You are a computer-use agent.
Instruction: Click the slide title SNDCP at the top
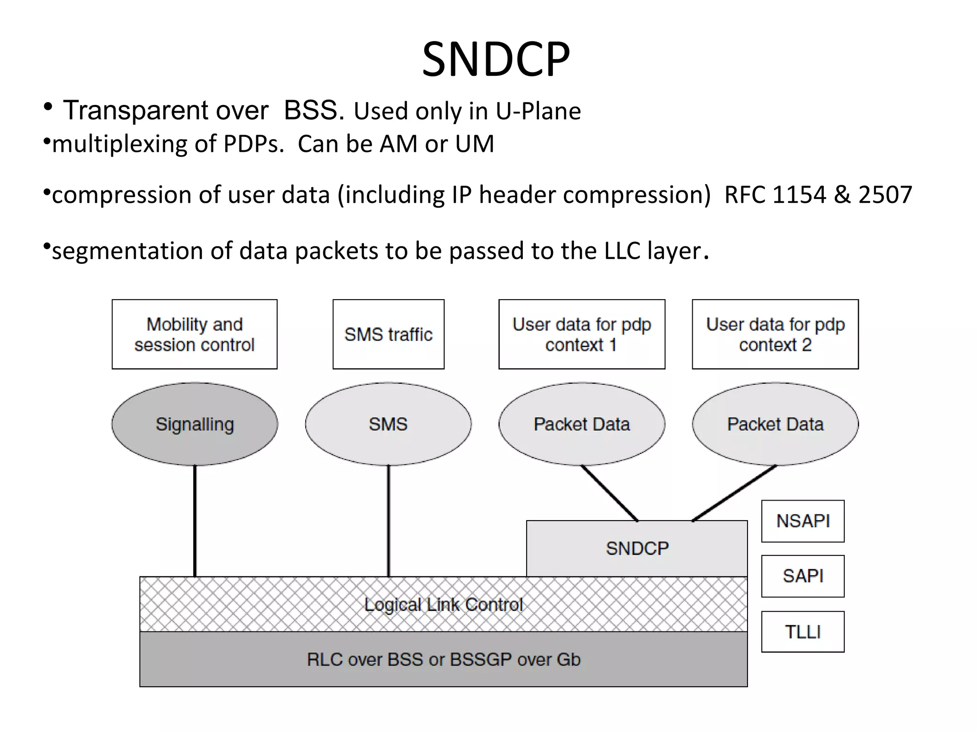tap(496, 60)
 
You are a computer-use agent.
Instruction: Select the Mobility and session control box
tap(195, 334)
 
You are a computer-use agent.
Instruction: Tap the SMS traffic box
tap(388, 334)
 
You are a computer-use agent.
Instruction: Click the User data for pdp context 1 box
tap(582, 334)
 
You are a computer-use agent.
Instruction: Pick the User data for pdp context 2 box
tap(775, 334)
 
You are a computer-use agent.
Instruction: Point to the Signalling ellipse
tap(195, 424)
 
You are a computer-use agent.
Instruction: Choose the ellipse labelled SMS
tap(388, 424)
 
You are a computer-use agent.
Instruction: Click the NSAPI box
tap(803, 521)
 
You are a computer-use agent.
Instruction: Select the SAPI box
tap(803, 576)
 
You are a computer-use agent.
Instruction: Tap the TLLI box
tap(803, 632)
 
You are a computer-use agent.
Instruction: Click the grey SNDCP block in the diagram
tap(637, 549)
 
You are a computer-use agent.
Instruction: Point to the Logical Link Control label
tap(444, 605)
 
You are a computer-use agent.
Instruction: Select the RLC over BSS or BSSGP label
tap(444, 660)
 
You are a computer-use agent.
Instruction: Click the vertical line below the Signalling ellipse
tap(195, 520)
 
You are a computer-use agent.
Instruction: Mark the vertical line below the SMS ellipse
tap(389, 520)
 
